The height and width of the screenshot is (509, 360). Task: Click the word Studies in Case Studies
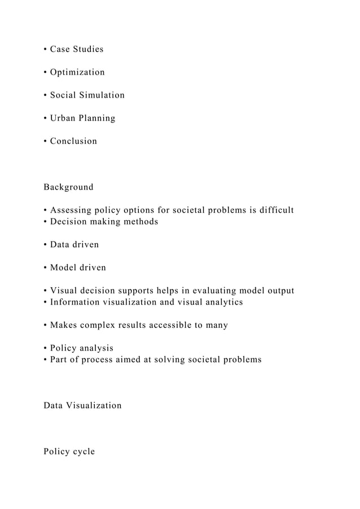pyautogui.click(x=87, y=49)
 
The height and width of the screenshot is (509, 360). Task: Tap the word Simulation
pyautogui.click(x=103, y=95)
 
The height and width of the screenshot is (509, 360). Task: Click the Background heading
pyautogui.click(x=68, y=187)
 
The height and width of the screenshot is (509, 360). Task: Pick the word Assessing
pyautogui.click(x=72, y=210)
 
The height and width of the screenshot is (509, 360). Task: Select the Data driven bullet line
pyautogui.click(x=71, y=244)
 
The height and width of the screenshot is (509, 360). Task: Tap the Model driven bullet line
pyautogui.click(x=74, y=267)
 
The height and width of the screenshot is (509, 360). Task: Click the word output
pyautogui.click(x=279, y=291)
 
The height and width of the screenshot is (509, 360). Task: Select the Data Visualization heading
pyautogui.click(x=82, y=405)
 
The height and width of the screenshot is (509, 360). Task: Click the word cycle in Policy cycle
pyautogui.click(x=82, y=451)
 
